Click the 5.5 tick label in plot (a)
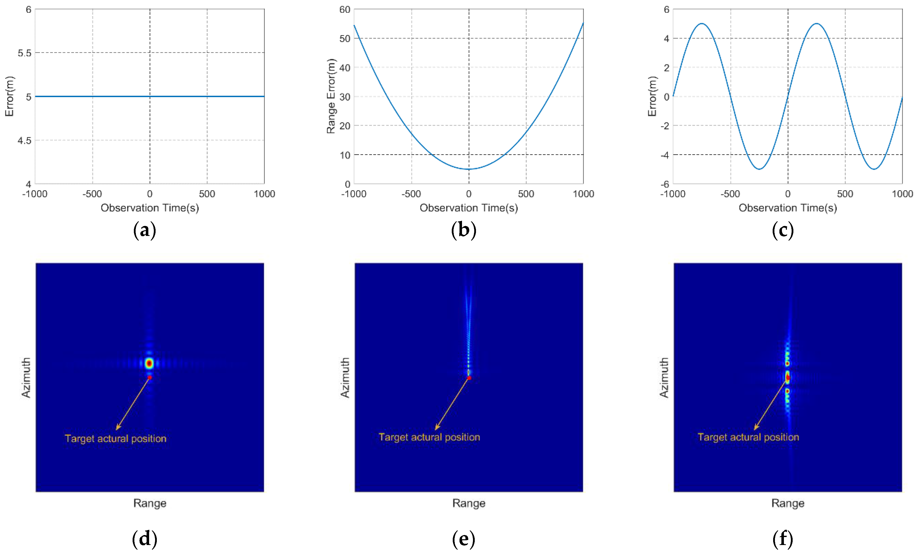pyautogui.click(x=24, y=53)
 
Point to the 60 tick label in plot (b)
pyautogui.click(x=345, y=10)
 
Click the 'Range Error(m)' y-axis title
pyautogui.click(x=331, y=96)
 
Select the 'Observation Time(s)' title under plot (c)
pyautogui.click(x=787, y=208)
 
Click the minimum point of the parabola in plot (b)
pyautogui.click(x=469, y=169)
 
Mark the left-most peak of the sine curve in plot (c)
pyautogui.click(x=702, y=23)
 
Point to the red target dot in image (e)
pyautogui.click(x=469, y=378)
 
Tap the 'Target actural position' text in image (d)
pyautogui.click(x=115, y=438)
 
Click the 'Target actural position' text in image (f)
pyautogui.click(x=748, y=437)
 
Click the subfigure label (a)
pyautogui.click(x=144, y=230)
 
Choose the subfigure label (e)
pyautogui.click(x=463, y=539)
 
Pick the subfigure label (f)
pyautogui.click(x=783, y=539)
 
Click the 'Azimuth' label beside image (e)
pyautogui.click(x=345, y=378)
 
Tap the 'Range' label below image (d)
pyautogui.click(x=150, y=503)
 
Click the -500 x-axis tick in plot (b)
pyautogui.click(x=411, y=194)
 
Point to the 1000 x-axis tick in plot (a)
pyautogui.click(x=264, y=194)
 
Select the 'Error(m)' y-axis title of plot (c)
pyautogui.click(x=652, y=96)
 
